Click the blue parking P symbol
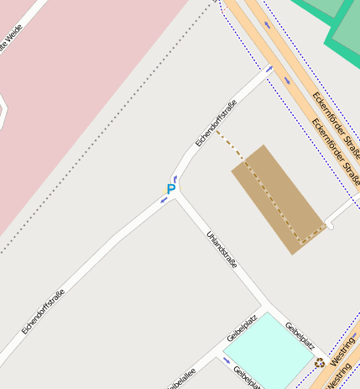pyautogui.click(x=171, y=189)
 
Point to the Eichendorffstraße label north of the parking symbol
pyautogui.click(x=217, y=123)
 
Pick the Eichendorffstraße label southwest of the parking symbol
pyautogui.click(x=44, y=313)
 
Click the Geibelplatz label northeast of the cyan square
pyautogui.click(x=300, y=335)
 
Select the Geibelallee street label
pyautogui.click(x=181, y=379)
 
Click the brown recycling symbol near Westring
pyautogui.click(x=320, y=363)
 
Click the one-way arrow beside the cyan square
pyautogui.click(x=226, y=361)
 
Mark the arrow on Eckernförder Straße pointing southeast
pyautogui.click(x=287, y=81)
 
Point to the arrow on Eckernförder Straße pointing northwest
pyautogui.click(x=267, y=24)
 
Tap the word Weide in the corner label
pyautogui.click(x=14, y=38)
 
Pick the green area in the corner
pyautogui.click(x=344, y=25)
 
